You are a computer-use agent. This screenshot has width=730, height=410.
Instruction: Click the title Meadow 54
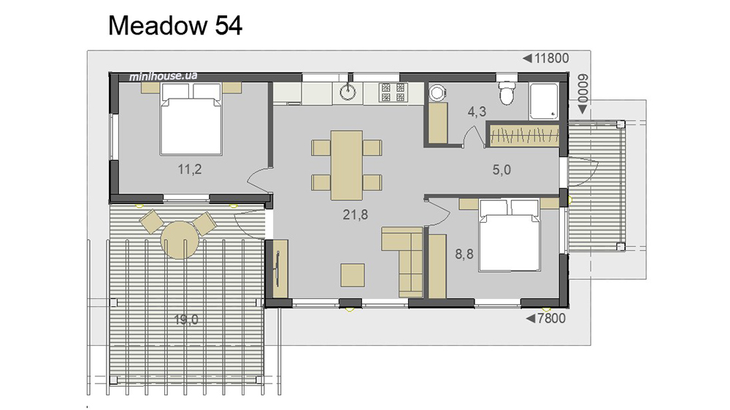pos(175,25)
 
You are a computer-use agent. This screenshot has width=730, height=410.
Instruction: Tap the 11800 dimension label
pos(551,58)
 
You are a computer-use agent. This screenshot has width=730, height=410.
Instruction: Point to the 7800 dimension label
pos(551,318)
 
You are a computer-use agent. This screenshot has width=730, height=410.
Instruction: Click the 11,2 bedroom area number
pos(190,169)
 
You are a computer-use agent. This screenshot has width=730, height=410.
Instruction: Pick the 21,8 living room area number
pos(356,214)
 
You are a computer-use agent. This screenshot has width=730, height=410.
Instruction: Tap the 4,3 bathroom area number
pos(477,112)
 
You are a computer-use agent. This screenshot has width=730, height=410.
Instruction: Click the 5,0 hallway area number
pos(502,170)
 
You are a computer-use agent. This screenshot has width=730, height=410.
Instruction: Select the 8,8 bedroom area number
pos(464,254)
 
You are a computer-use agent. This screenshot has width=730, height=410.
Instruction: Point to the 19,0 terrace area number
pos(186,319)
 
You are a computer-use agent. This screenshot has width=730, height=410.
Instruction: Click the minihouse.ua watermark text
pos(163,76)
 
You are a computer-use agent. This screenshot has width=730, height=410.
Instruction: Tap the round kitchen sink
pos(347,92)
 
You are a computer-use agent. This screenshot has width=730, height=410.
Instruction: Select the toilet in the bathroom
pos(506,94)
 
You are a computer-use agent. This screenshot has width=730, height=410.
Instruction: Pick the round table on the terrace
pos(180,240)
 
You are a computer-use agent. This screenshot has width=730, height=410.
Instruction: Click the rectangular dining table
pos(347,165)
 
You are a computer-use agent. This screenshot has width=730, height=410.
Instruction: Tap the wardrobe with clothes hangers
pos(524,135)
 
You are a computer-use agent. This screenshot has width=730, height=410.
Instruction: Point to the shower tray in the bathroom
pos(544,101)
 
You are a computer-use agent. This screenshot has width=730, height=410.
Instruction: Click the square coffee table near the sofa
pos(353,275)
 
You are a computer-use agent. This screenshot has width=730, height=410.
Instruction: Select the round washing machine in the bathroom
pos(437,93)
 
